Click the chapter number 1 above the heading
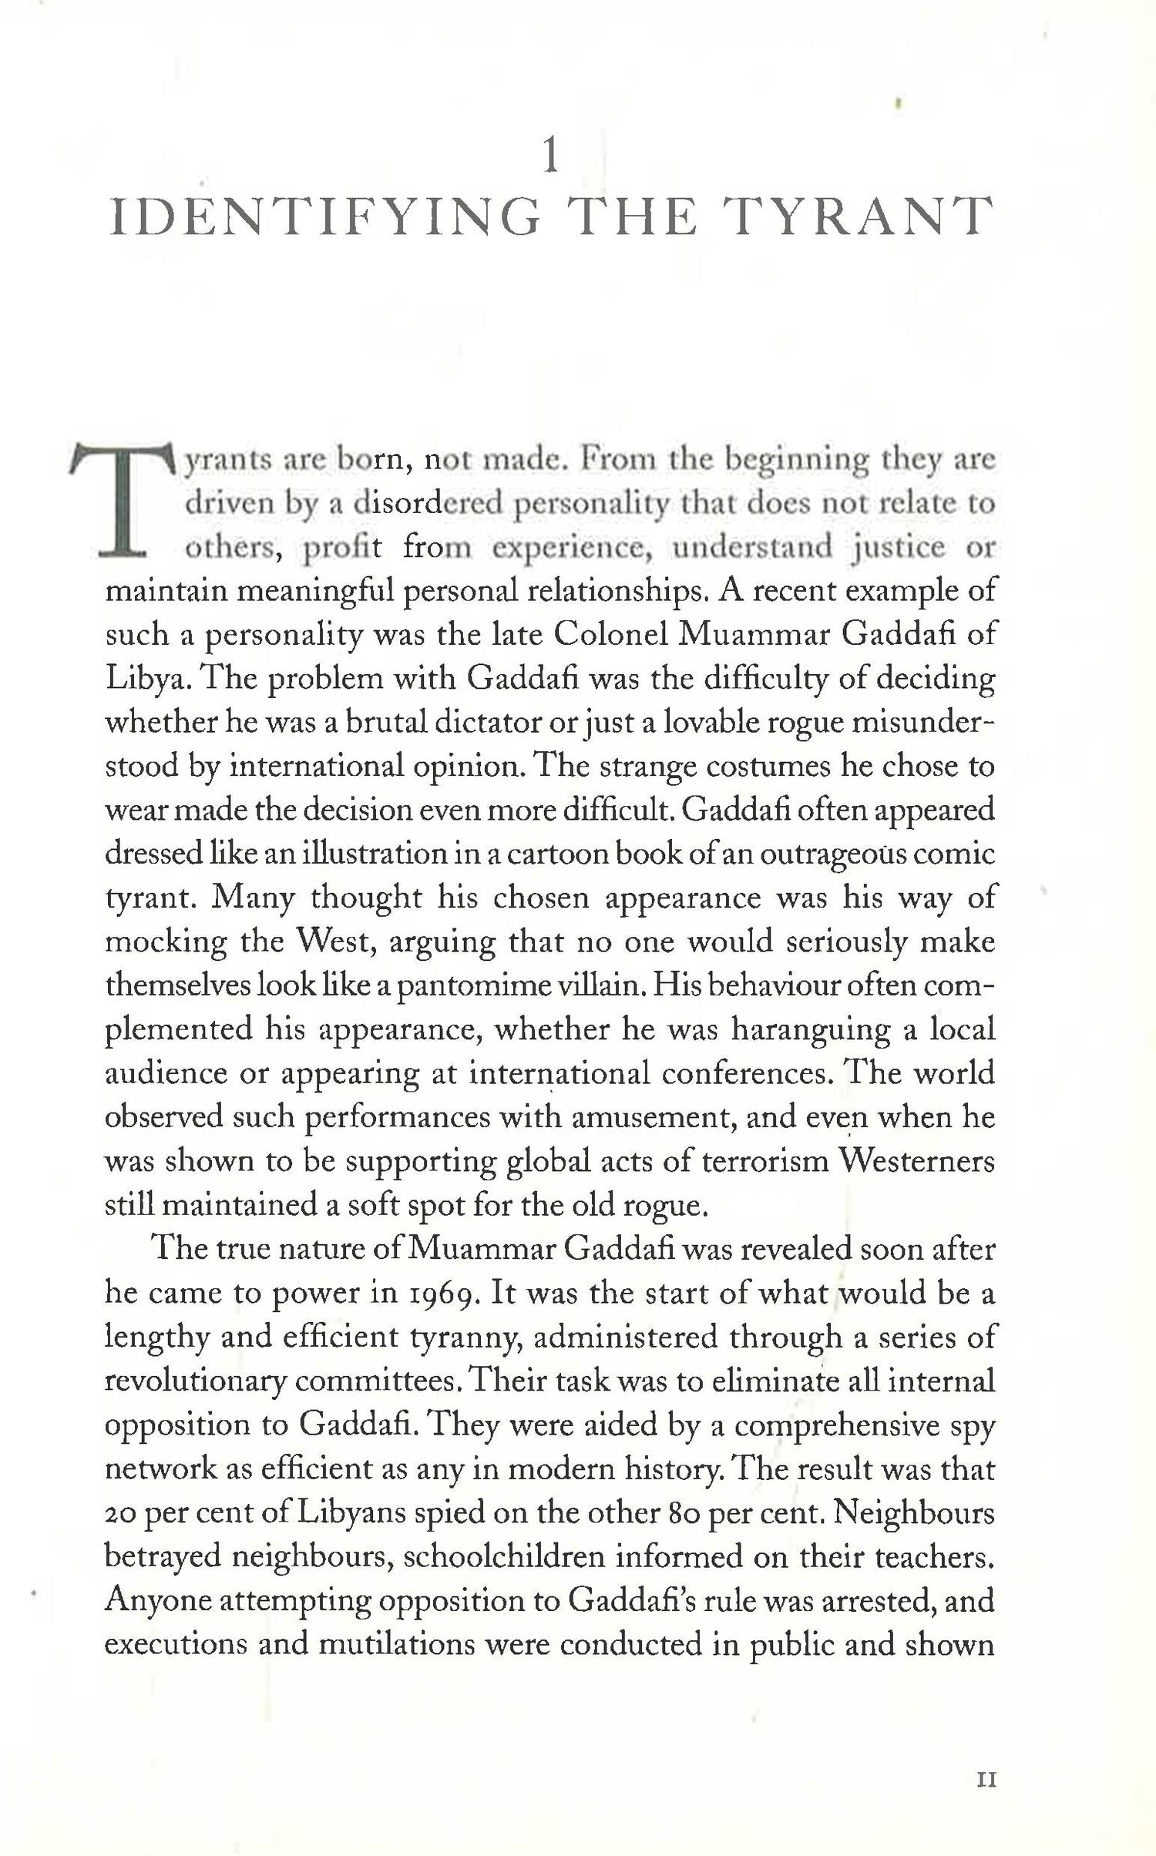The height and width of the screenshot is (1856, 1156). tap(550, 157)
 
